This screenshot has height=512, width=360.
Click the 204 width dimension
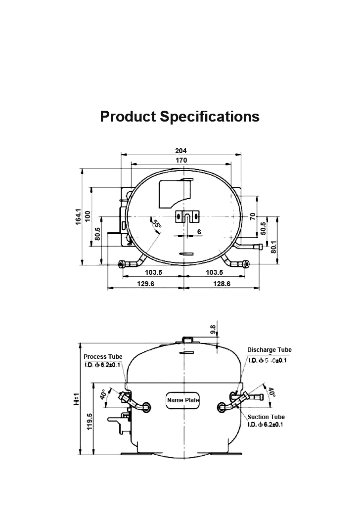point(181,151)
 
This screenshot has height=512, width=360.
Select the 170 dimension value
point(181,160)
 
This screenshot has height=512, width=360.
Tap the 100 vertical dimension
point(88,216)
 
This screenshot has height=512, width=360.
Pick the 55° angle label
point(156,225)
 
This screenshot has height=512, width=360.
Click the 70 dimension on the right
point(252,216)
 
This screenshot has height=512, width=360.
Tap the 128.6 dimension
point(221,284)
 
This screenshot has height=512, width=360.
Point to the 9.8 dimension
point(213,330)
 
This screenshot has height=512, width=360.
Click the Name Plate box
point(182,400)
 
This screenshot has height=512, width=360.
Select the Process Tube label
point(103,357)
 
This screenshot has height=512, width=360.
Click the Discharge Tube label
point(269,350)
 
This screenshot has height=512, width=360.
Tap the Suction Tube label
point(266,417)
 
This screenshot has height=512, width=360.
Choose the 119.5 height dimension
point(90,422)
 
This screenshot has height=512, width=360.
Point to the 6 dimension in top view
point(199,232)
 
